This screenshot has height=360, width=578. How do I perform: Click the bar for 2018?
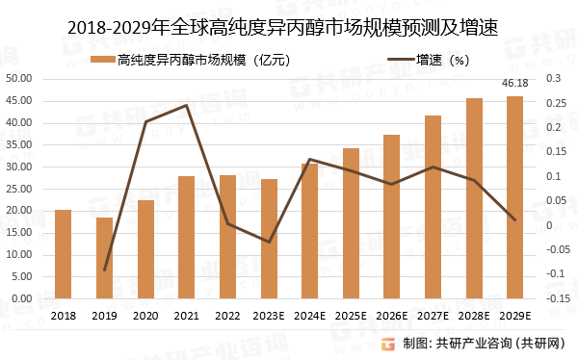[63, 254]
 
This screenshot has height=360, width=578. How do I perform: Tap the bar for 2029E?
[515, 197]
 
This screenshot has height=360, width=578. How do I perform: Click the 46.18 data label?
[515, 85]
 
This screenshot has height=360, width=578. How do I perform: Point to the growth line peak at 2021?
[186, 105]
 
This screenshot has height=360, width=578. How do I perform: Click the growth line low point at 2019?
[104, 270]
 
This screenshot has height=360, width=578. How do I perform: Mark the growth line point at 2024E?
[309, 160]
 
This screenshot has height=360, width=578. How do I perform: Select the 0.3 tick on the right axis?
[555, 79]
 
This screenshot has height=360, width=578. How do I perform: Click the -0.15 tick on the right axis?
[559, 298]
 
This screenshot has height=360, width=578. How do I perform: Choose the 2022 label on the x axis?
[227, 315]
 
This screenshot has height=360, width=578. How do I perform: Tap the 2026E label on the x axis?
[392, 315]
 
